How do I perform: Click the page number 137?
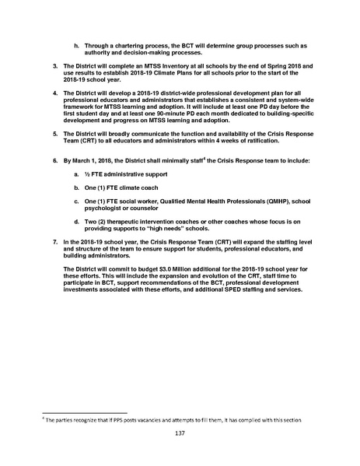pyautogui.click(x=180, y=432)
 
